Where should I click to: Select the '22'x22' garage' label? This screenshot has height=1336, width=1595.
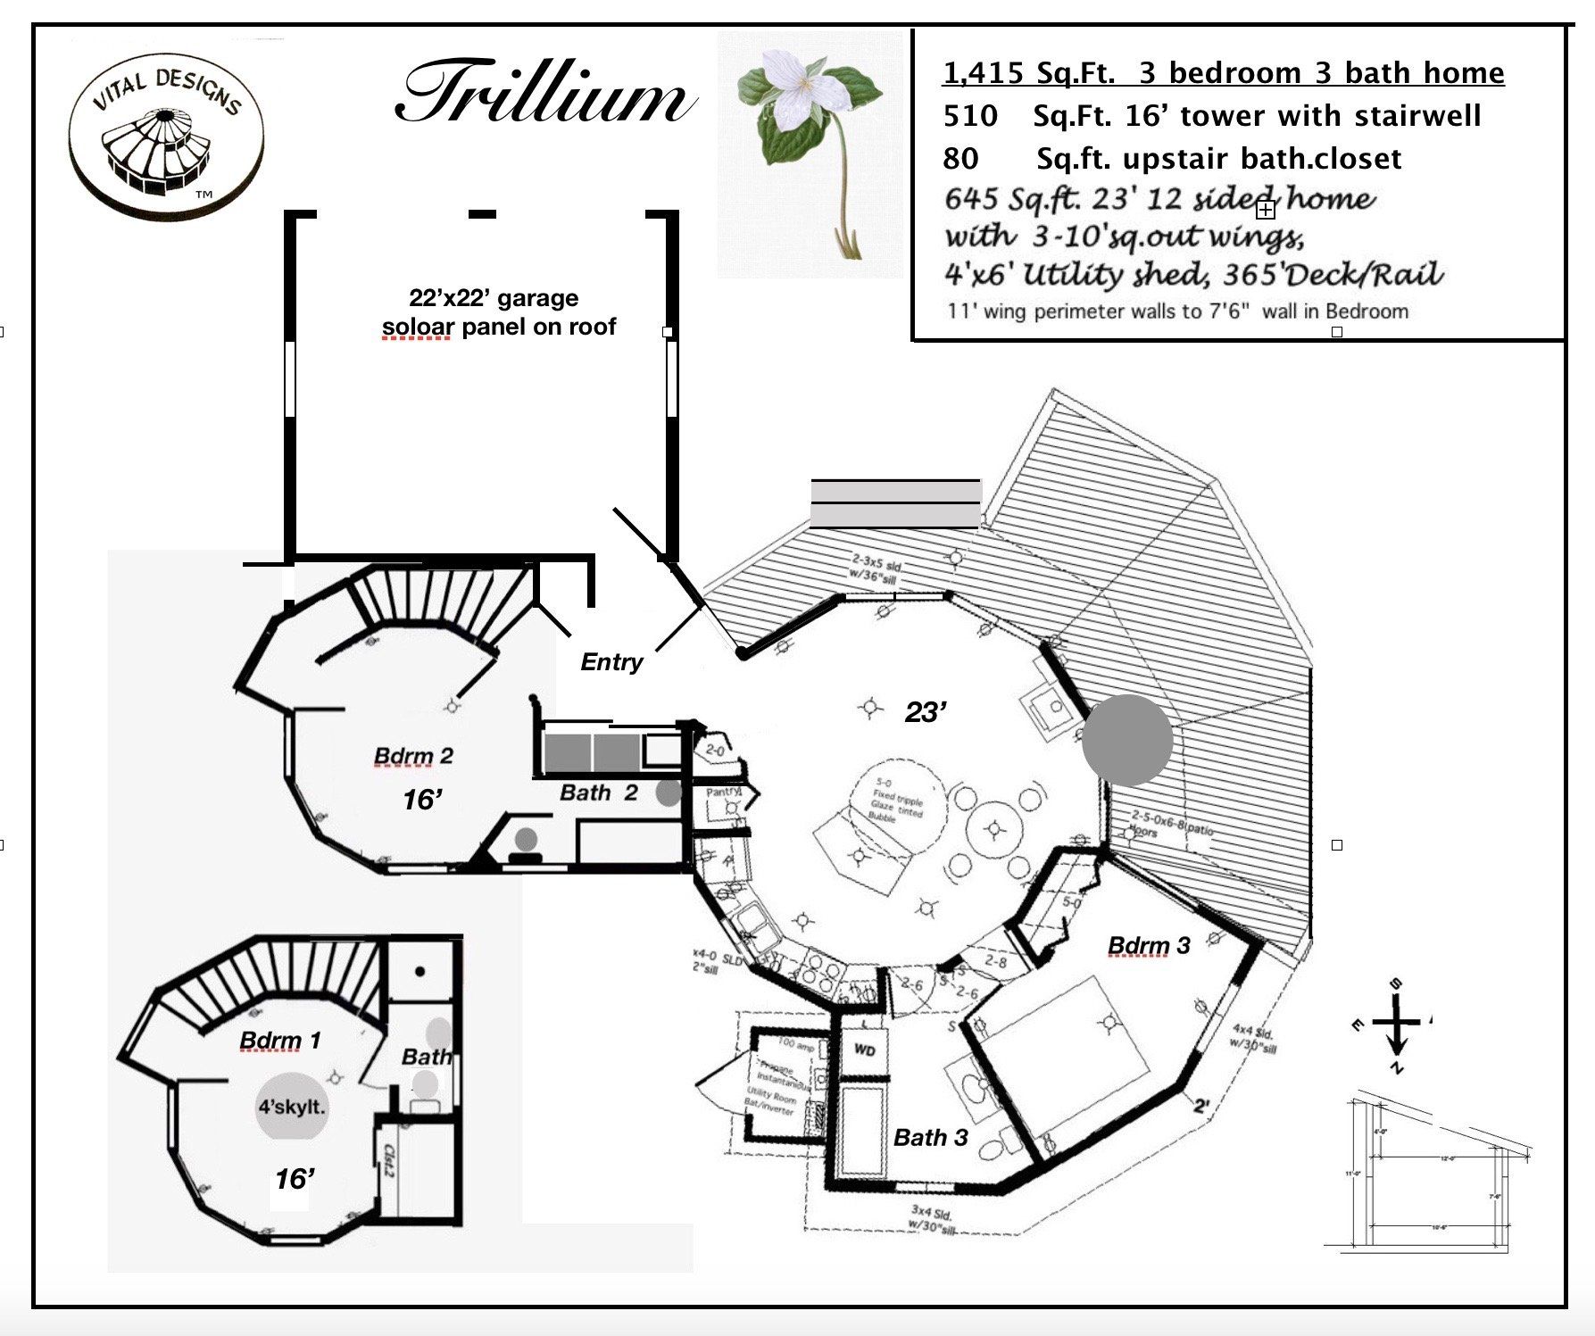click(494, 298)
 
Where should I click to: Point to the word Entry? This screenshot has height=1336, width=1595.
click(611, 662)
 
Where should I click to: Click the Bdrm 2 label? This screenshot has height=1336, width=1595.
click(413, 757)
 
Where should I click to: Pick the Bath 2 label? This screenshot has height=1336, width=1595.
click(598, 792)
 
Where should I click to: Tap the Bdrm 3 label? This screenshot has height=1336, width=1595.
click(1148, 946)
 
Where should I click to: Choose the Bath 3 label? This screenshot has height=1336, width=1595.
click(930, 1138)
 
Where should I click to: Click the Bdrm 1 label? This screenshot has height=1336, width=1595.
click(279, 1041)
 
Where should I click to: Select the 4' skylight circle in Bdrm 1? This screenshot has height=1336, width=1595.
click(292, 1108)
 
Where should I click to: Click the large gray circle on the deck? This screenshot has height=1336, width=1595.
click(1127, 740)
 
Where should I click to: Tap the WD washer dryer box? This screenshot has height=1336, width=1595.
click(864, 1050)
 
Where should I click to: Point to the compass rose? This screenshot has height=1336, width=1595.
click(1396, 1024)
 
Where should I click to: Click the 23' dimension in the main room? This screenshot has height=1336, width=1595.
click(926, 712)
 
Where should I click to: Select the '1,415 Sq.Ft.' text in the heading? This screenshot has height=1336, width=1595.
click(1028, 73)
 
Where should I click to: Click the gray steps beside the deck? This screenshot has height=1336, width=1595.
click(895, 503)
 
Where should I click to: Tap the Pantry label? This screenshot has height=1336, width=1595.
click(724, 792)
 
